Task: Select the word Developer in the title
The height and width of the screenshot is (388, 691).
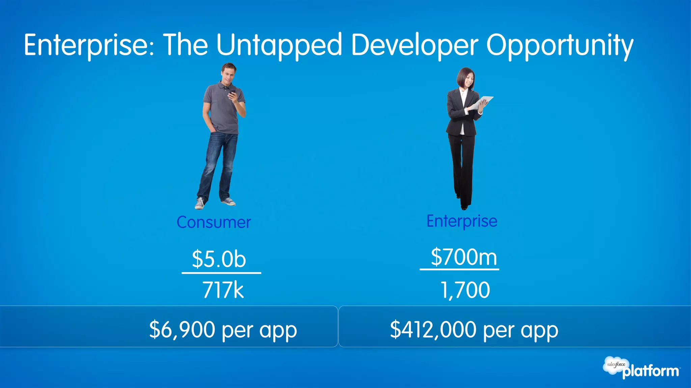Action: (x=414, y=45)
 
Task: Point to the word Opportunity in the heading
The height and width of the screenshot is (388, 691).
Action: (x=559, y=45)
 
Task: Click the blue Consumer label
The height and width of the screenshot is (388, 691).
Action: (x=214, y=222)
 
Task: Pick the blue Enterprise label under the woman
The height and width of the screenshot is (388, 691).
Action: (x=462, y=221)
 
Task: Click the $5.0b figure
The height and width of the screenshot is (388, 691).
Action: (x=219, y=259)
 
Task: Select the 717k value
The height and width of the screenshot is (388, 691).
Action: (x=223, y=290)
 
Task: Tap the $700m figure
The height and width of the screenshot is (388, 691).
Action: (x=464, y=257)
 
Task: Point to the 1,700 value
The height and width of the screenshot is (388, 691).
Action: (x=465, y=290)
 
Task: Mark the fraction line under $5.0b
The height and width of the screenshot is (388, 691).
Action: (x=221, y=273)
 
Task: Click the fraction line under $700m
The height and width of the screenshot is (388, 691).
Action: (x=459, y=269)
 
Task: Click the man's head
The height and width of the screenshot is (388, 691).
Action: (x=229, y=72)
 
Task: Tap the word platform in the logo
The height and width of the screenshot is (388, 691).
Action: (x=651, y=371)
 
